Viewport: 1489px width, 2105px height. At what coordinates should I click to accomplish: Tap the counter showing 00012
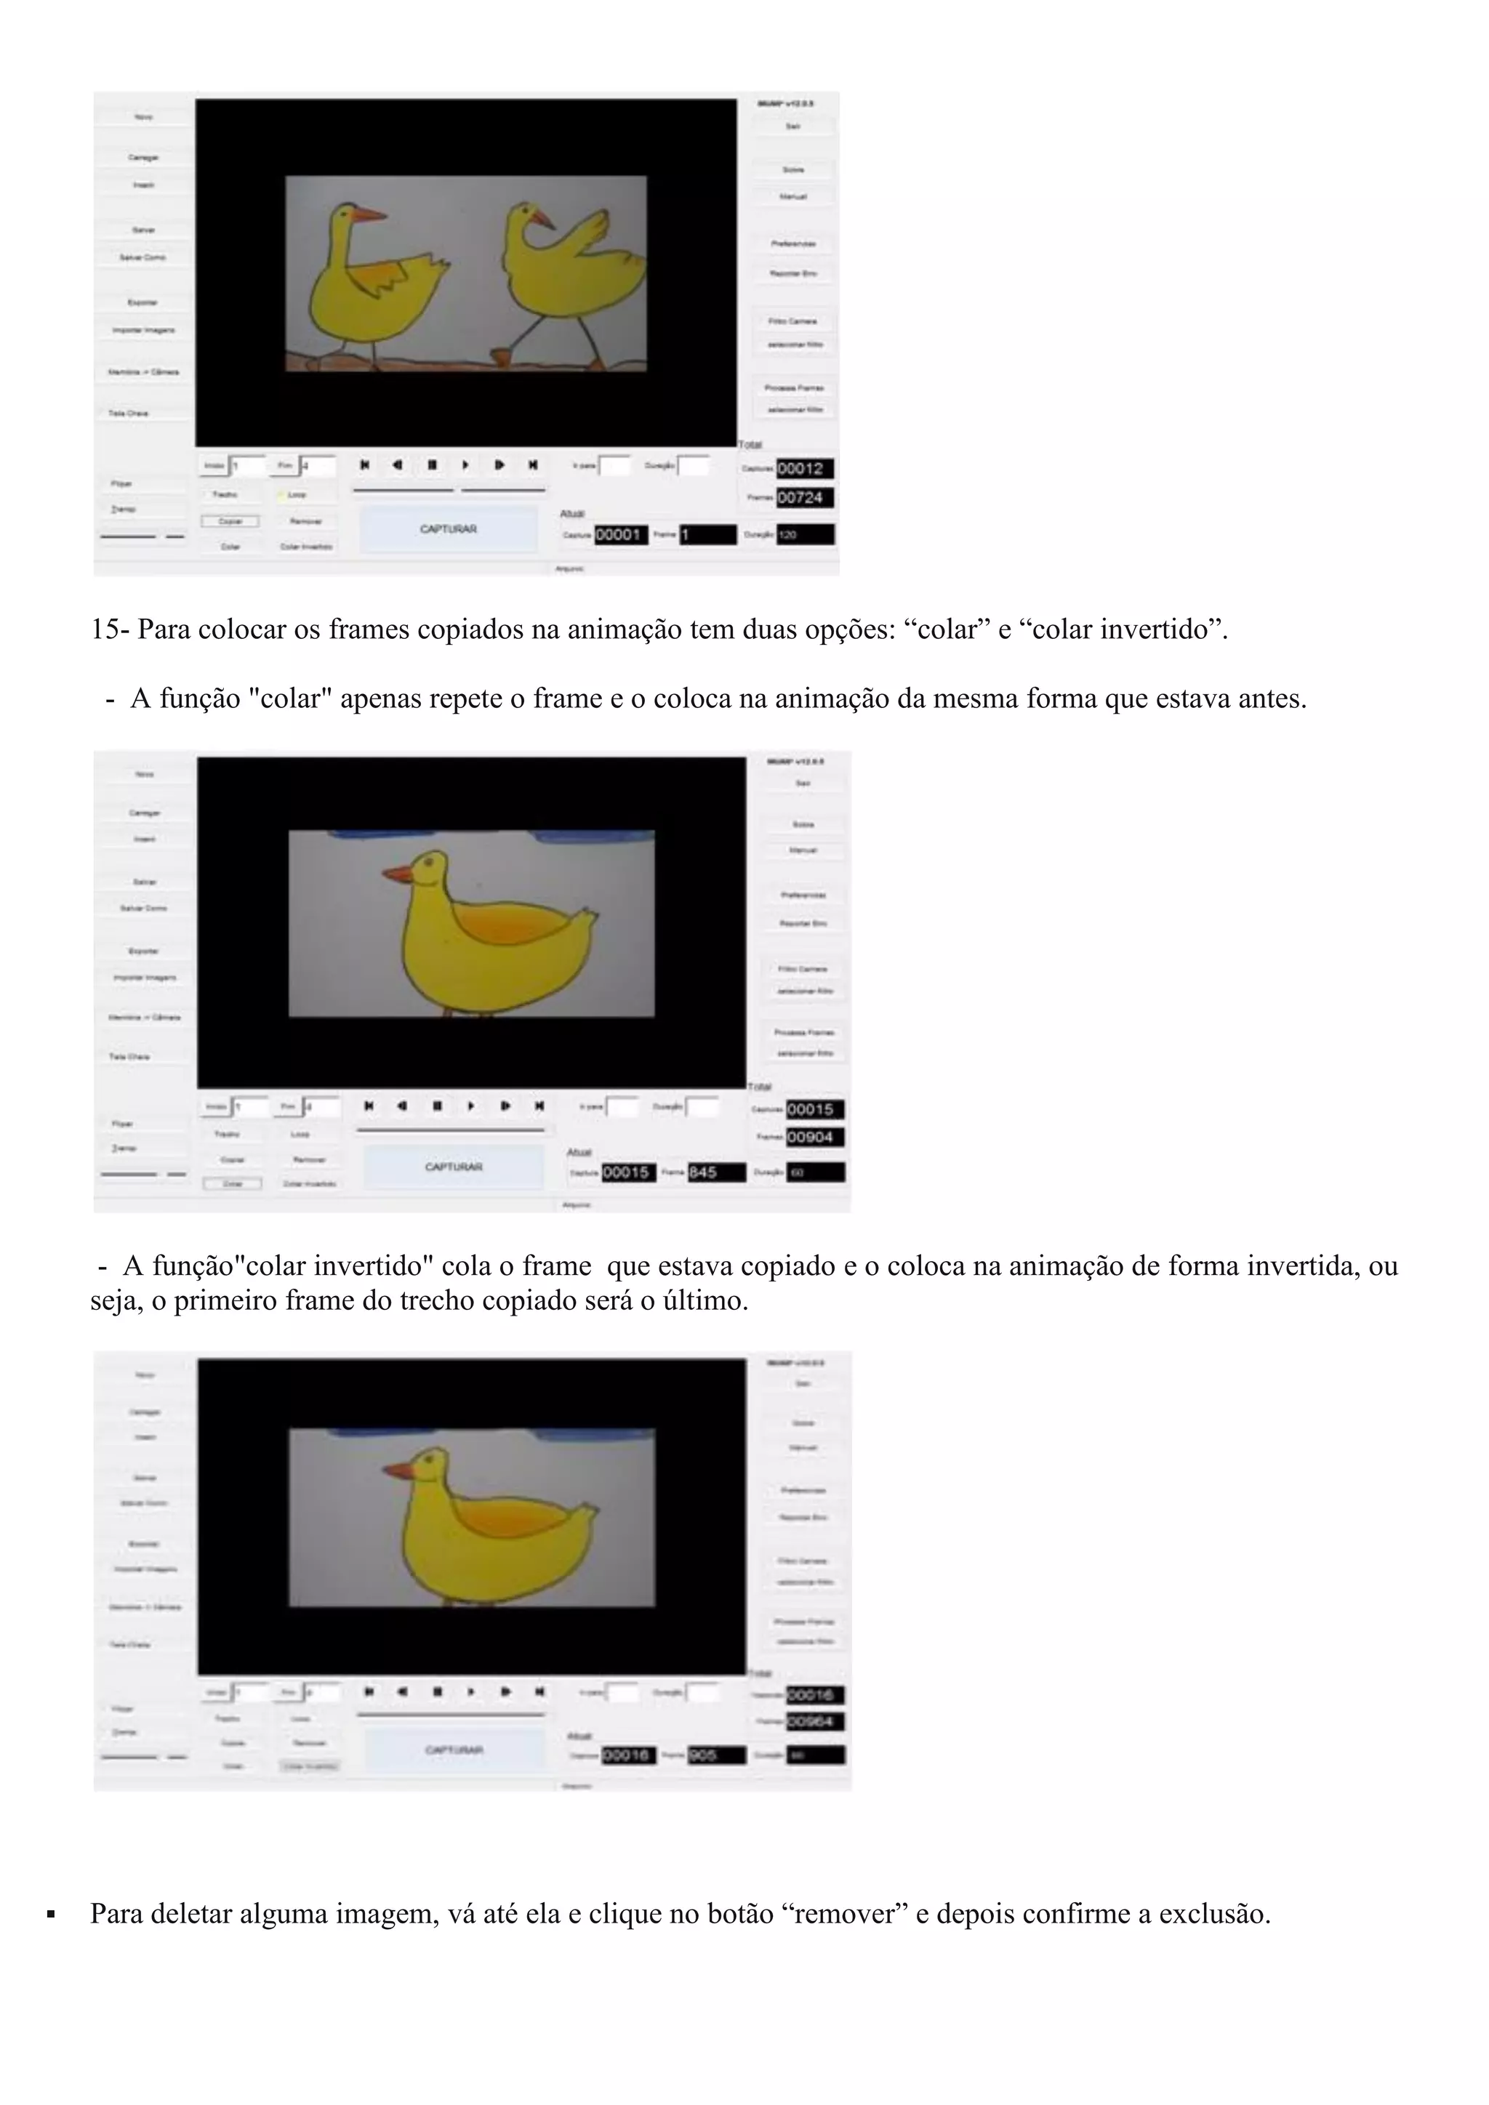[804, 469]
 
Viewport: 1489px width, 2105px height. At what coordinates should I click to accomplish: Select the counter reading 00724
[804, 498]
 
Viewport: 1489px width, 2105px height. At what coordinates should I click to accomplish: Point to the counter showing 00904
[814, 1138]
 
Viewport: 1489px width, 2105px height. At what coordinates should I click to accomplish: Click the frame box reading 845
[715, 1172]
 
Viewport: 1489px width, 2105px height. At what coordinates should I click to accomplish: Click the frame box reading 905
[715, 1755]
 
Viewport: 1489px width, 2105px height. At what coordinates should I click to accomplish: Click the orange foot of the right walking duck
[501, 355]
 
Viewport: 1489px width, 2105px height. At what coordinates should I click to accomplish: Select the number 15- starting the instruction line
[111, 630]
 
